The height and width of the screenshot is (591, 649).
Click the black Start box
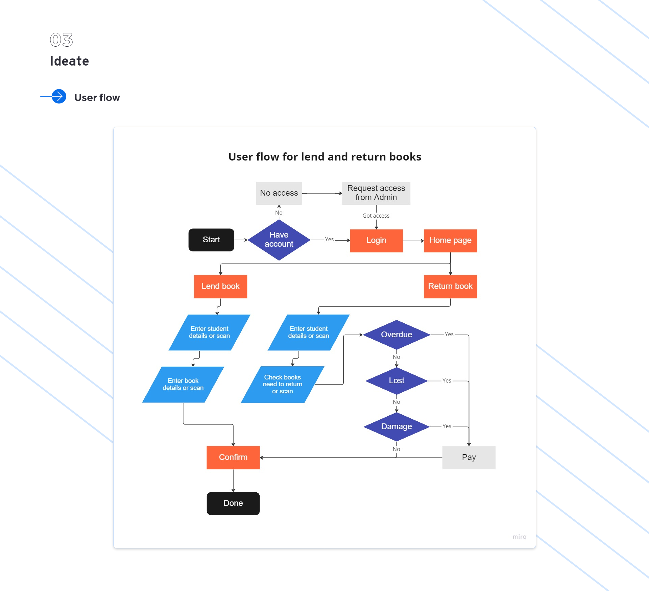click(211, 240)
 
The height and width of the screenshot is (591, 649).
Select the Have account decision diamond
click(279, 240)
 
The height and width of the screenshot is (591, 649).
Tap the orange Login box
click(376, 241)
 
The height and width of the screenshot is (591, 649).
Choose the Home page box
click(450, 241)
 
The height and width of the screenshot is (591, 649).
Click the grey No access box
click(279, 193)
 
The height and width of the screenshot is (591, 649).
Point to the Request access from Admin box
click(376, 193)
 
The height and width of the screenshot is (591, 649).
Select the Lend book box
click(220, 287)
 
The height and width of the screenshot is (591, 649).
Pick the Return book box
click(450, 287)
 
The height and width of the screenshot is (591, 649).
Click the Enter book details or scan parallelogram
click(183, 385)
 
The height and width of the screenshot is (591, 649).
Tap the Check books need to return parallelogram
click(282, 385)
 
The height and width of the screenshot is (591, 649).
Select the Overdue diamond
click(396, 335)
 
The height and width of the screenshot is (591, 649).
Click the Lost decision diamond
click(396, 381)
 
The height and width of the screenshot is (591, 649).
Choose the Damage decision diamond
click(396, 427)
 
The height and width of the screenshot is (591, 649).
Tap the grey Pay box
click(469, 458)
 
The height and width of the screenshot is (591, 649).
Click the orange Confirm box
click(233, 458)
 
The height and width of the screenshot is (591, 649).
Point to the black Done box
click(233, 503)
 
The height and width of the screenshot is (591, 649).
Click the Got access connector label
click(376, 216)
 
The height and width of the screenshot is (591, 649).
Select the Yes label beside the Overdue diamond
click(449, 335)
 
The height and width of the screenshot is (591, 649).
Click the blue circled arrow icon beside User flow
click(59, 97)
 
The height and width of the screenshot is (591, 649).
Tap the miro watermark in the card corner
click(519, 537)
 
